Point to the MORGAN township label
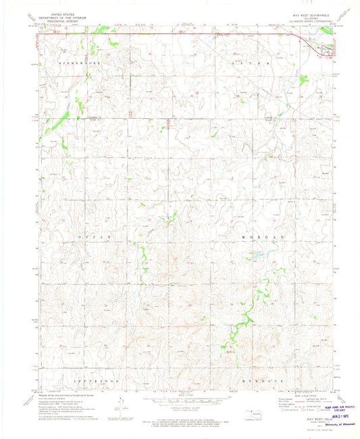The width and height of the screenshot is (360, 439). (262, 238)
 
